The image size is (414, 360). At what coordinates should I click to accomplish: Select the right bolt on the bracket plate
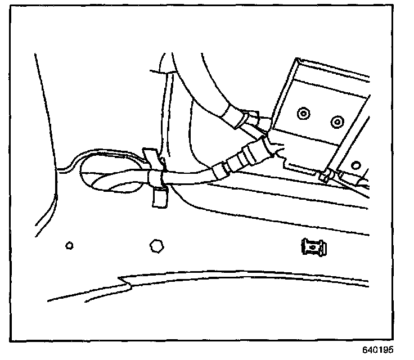click(x=337, y=121)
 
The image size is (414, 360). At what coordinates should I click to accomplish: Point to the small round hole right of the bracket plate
click(x=355, y=165)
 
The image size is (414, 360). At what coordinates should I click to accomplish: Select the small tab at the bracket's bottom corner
click(x=325, y=176)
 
